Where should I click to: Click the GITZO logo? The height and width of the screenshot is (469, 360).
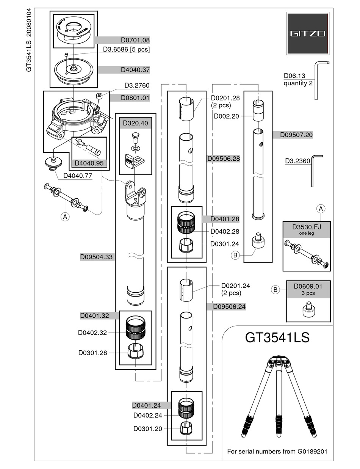(307, 33)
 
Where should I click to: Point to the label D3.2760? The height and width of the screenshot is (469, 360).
(137, 85)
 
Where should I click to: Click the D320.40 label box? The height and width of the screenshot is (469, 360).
(135, 123)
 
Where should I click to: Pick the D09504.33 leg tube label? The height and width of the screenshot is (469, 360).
(96, 257)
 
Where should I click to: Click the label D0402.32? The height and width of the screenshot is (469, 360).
(92, 333)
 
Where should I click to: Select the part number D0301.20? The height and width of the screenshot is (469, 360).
(147, 428)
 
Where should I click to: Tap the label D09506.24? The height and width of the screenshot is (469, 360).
(227, 306)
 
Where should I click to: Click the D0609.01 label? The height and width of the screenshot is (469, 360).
(307, 287)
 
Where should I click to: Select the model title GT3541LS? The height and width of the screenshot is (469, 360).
(277, 337)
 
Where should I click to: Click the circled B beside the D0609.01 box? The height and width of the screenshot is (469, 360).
(276, 290)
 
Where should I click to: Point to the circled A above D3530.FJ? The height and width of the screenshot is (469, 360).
(321, 209)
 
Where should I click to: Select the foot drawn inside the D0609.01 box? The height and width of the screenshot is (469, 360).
(308, 310)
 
